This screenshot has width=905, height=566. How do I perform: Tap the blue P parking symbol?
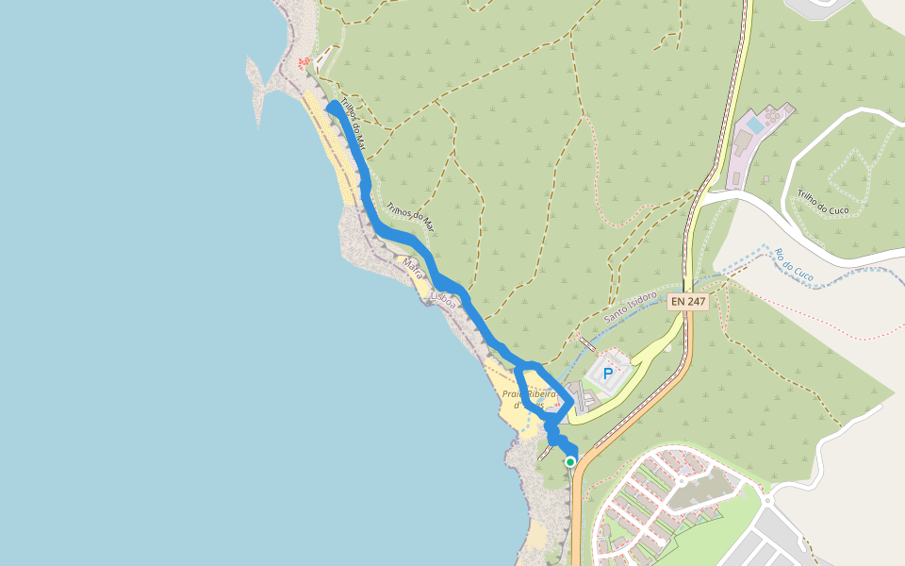(x=608, y=375)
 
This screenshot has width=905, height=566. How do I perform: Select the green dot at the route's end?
(x=570, y=461)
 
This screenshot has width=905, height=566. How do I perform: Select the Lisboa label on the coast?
(x=443, y=299)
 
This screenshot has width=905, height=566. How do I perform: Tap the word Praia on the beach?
(x=514, y=393)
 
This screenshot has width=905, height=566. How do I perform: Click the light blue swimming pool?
(x=754, y=124)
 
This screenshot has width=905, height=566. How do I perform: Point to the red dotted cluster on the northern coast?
(x=304, y=63)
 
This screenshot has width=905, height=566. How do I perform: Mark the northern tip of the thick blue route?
(x=332, y=107)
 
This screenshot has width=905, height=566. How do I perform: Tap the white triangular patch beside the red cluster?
(x=323, y=58)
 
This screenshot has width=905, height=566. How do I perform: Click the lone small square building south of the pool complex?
(x=766, y=178)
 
